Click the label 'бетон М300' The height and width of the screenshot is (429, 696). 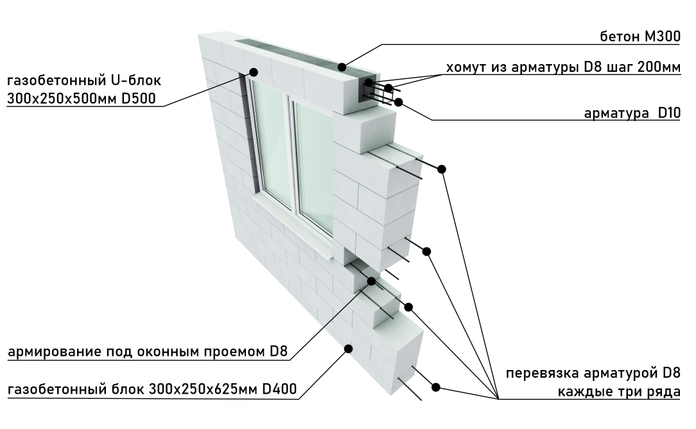click(x=640, y=36)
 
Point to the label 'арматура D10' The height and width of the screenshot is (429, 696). click(x=632, y=113)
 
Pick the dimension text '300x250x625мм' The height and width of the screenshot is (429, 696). click(x=203, y=389)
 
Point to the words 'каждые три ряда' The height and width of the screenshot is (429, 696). click(x=619, y=392)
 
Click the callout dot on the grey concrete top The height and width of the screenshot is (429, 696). click(x=342, y=67)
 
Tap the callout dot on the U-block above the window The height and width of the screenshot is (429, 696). click(x=254, y=72)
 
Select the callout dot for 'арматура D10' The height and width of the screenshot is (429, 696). click(x=398, y=103)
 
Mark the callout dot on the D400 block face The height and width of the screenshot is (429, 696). click(x=349, y=349)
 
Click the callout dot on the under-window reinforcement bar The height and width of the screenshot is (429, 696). click(x=371, y=282)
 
